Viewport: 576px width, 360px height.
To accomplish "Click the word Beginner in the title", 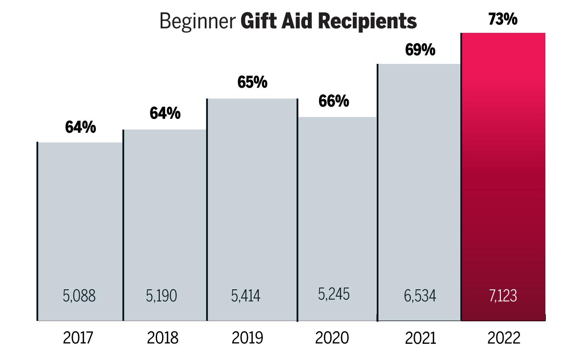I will pyautogui.click(x=198, y=21).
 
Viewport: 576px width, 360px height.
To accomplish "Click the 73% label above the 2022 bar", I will pyautogui.click(x=503, y=19).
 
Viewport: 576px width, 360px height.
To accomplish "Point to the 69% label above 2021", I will pyautogui.click(x=420, y=50).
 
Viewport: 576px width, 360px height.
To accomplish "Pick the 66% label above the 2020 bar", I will pyautogui.click(x=333, y=102).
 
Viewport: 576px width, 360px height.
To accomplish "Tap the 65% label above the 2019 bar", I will pyautogui.click(x=252, y=83).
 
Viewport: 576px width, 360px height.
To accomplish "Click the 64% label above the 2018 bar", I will pyautogui.click(x=165, y=114).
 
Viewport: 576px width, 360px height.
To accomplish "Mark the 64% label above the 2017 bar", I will pyautogui.click(x=81, y=128).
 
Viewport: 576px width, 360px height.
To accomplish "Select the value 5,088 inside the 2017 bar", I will pyautogui.click(x=80, y=296).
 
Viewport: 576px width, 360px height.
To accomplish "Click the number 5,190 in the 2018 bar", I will pyautogui.click(x=162, y=296).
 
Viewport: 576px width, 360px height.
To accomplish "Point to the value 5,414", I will pyautogui.click(x=246, y=296).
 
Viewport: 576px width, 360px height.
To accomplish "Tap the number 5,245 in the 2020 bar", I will pyautogui.click(x=333, y=294).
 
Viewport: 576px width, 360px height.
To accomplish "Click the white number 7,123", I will pyautogui.click(x=503, y=296).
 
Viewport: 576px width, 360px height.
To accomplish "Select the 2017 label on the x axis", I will pyautogui.click(x=79, y=338).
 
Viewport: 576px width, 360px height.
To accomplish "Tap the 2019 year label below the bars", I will pyautogui.click(x=247, y=338).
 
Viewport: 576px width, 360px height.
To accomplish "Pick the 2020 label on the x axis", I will pyautogui.click(x=332, y=338).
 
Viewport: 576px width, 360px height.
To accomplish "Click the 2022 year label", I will pyautogui.click(x=504, y=338).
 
